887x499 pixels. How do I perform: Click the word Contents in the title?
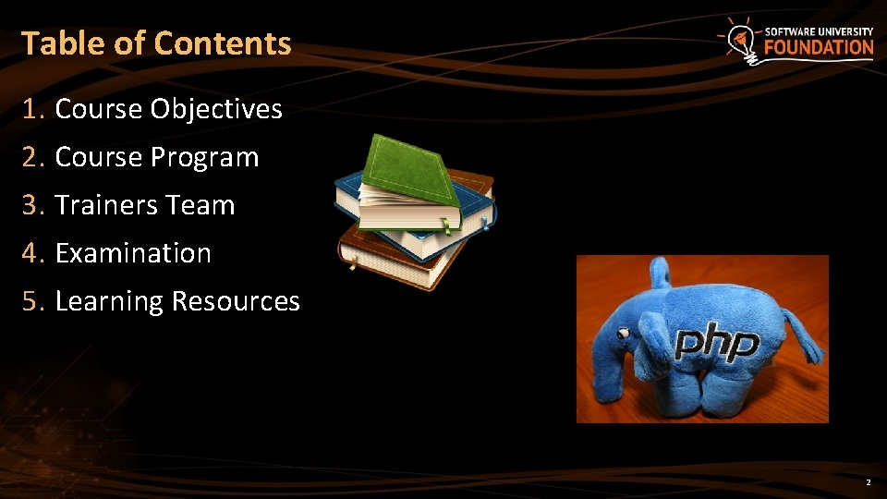pos(223,43)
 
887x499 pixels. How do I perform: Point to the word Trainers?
pos(99,205)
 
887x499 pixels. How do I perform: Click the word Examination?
pos(133,253)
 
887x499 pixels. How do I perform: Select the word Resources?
pos(236,301)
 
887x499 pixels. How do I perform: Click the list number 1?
pos(32,110)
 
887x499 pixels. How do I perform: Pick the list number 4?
pos(33,253)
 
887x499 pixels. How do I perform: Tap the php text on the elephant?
pos(716,344)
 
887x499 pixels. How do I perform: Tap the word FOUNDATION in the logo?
pos(819,47)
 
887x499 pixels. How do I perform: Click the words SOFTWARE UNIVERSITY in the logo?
pos(819,30)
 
